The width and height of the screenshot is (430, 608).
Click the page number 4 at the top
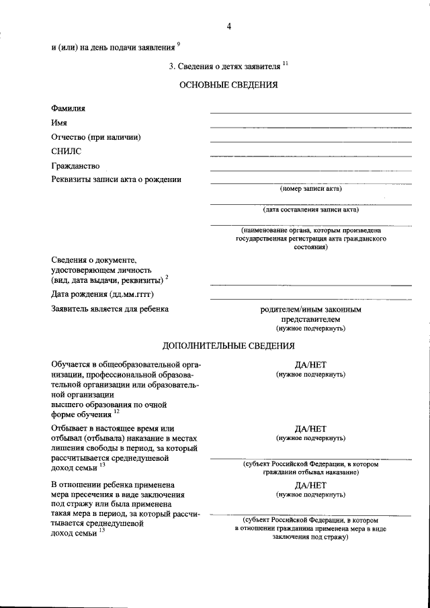point(229,26)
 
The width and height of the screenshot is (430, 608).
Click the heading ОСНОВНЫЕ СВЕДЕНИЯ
point(228,85)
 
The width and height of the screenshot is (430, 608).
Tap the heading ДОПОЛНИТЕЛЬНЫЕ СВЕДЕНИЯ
point(228,346)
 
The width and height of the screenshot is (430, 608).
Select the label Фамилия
point(68,108)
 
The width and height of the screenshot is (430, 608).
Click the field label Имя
point(58,122)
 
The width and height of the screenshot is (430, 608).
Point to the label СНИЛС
point(66,151)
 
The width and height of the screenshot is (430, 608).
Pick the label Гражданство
point(75,165)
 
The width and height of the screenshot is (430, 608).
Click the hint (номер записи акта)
point(311,189)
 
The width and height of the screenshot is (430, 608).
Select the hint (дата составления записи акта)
point(311,210)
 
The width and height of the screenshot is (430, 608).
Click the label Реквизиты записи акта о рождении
point(116,179)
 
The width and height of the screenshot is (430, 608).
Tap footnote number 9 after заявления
point(179,44)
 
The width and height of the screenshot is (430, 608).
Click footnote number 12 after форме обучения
point(116,412)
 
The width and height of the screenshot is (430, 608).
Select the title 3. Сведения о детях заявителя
point(225,66)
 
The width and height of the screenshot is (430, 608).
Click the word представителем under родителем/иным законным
point(311,320)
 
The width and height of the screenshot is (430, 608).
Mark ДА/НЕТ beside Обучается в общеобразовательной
point(311,365)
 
